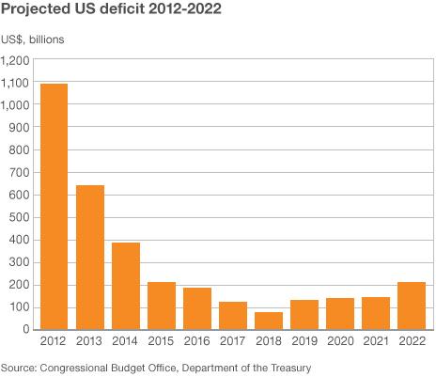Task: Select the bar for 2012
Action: point(54,207)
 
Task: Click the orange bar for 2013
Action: point(90,258)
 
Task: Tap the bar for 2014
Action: point(126,286)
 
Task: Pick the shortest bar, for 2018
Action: point(269,321)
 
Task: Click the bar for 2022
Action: point(412,306)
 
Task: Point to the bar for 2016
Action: point(197,308)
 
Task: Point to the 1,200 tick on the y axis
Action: point(15,60)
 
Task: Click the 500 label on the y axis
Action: point(19,217)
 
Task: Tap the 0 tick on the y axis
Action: point(25,330)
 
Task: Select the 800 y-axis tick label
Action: point(19,150)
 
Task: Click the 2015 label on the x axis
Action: point(162,340)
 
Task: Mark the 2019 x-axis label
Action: point(304,340)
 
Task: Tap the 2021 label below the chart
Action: point(376,340)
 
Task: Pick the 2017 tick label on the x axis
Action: point(233,340)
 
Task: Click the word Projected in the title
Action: point(39,11)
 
